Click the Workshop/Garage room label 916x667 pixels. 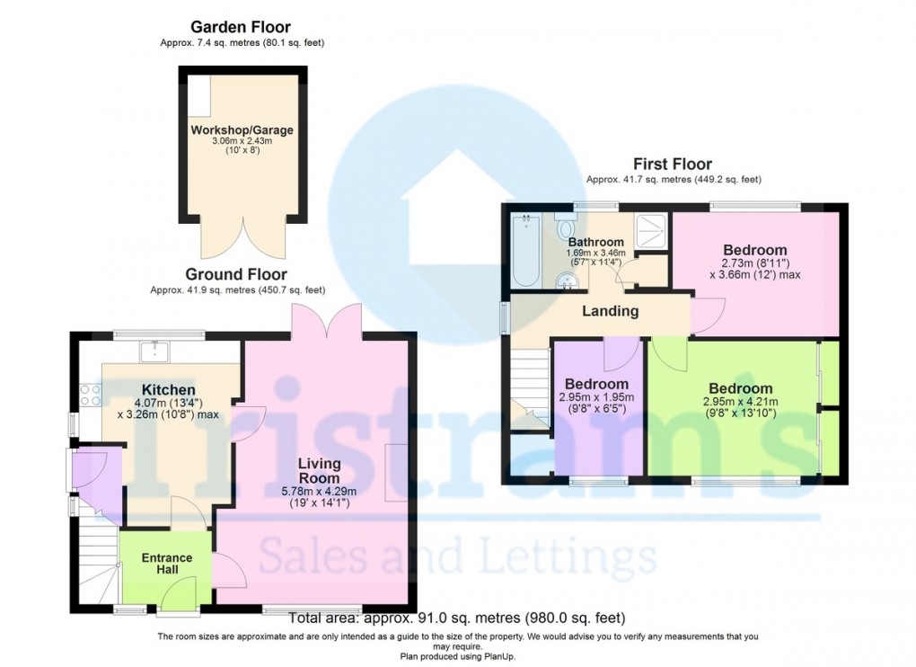coord(242,130)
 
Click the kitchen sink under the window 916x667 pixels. coord(157,348)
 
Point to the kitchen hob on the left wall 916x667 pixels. coord(90,393)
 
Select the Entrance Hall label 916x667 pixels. coord(167,564)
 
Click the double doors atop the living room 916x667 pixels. coord(326,321)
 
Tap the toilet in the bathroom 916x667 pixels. coord(566,219)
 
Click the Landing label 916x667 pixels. coord(611,311)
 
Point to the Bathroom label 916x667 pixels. coord(595,242)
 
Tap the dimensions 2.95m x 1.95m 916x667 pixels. coord(597,398)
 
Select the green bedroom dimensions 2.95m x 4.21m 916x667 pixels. coord(738,402)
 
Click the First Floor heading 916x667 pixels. coord(673,164)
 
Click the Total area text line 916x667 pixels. coord(457,618)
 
